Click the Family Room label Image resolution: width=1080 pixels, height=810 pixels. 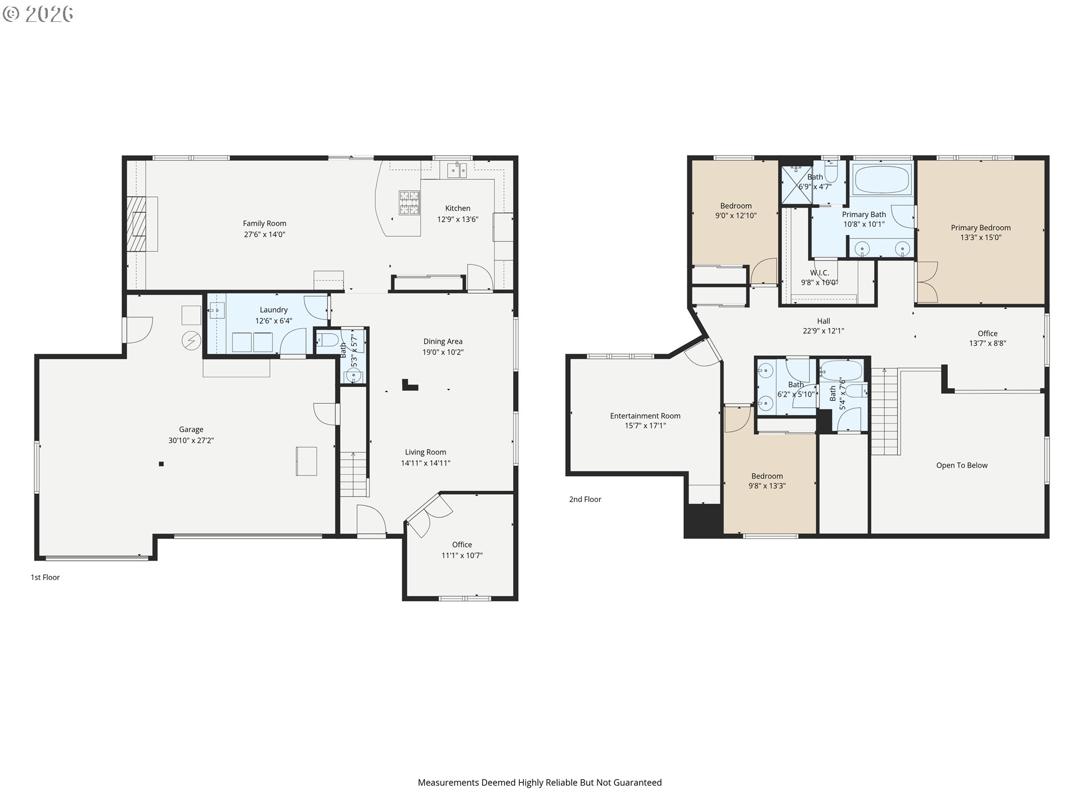[264, 223]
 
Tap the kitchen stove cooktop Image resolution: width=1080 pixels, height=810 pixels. [409, 203]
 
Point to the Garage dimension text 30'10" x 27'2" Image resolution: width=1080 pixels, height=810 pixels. [191, 440]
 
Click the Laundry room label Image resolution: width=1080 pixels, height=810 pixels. [273, 310]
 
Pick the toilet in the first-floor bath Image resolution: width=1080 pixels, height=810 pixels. [327, 340]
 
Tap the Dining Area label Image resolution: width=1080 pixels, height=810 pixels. [443, 341]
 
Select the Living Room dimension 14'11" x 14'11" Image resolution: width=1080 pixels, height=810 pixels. [426, 463]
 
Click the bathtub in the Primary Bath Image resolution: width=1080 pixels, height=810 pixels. [882, 179]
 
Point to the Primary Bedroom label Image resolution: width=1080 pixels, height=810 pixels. [980, 228]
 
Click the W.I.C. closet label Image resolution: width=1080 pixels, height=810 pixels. [820, 273]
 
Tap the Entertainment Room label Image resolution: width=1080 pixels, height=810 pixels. [645, 416]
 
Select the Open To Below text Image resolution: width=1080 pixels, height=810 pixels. [962, 465]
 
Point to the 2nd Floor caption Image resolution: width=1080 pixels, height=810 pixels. [585, 499]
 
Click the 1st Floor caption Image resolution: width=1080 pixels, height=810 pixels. [45, 577]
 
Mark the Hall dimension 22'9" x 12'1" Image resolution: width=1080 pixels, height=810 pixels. [823, 331]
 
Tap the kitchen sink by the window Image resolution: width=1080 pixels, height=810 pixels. [457, 170]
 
